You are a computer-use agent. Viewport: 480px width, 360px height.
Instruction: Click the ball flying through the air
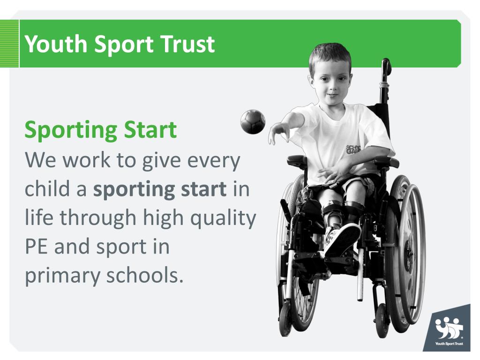pyautogui.click(x=252, y=122)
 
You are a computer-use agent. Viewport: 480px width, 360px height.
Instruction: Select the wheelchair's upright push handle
pyautogui.click(x=386, y=70)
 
